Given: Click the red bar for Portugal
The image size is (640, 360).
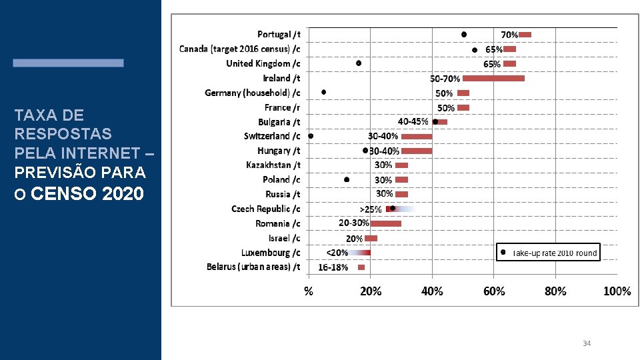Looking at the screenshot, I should (x=525, y=35).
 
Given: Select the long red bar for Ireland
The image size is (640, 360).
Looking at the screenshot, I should (x=493, y=79).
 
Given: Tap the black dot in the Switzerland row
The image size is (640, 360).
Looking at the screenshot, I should (x=311, y=136).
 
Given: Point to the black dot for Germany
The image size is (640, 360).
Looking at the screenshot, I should (x=324, y=92).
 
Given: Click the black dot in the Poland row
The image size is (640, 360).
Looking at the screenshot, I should (x=347, y=179).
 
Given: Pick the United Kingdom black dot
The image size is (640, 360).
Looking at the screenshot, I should (x=359, y=63).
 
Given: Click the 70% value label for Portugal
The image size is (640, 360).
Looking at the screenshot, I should (x=509, y=34).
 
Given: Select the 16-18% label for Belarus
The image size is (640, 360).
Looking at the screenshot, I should (x=333, y=267).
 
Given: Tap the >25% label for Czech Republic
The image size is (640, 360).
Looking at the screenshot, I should (x=371, y=209).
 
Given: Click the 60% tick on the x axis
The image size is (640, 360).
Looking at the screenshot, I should (x=494, y=291).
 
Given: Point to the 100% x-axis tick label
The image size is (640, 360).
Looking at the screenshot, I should (x=617, y=291).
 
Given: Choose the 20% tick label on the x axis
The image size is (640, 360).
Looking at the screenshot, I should (x=371, y=291).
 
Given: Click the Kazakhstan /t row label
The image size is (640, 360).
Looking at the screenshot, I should (x=273, y=165).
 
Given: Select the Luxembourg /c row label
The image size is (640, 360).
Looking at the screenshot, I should (x=271, y=253).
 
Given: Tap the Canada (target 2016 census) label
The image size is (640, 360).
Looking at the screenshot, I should (x=239, y=49).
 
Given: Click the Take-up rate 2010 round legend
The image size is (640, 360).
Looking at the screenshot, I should (x=549, y=252).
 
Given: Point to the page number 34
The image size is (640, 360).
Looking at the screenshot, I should (x=587, y=343).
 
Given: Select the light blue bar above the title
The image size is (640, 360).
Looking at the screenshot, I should (x=68, y=63).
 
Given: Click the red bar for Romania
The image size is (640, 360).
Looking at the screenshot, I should (x=386, y=223).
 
